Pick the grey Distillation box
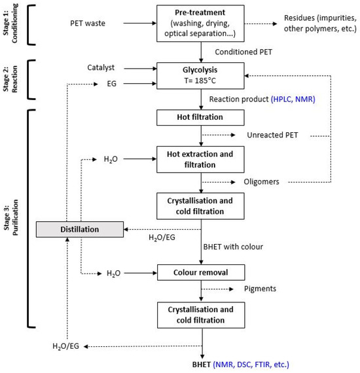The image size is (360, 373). [x=81, y=229]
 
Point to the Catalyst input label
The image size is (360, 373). [x=101, y=67]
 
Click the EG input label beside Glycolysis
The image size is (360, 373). [x=112, y=84]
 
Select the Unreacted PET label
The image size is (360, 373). [x=269, y=136]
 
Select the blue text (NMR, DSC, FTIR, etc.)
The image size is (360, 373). [x=252, y=364]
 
